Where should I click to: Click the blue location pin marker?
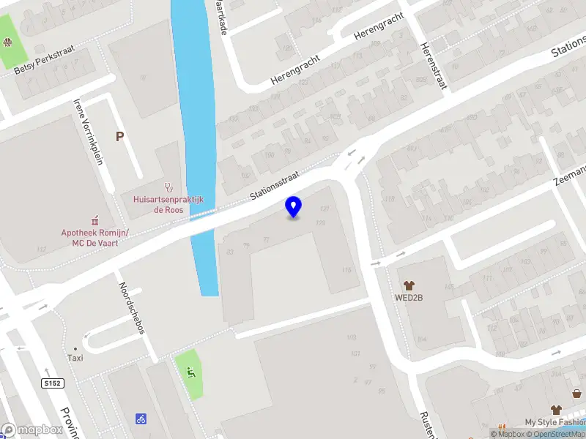(294, 206)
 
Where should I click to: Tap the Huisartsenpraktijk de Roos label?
(168, 204)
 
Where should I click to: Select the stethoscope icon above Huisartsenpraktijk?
(168, 187)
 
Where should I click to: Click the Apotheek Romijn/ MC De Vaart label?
(95, 238)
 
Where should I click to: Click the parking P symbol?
(119, 136)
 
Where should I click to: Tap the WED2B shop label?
(409, 298)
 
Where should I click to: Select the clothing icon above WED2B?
(409, 284)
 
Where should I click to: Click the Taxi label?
(75, 358)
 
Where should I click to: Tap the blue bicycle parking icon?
(141, 419)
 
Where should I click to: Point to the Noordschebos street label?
(132, 307)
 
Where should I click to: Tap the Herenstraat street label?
(433, 64)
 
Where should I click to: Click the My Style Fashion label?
(555, 422)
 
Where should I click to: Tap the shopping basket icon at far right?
(576, 394)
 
